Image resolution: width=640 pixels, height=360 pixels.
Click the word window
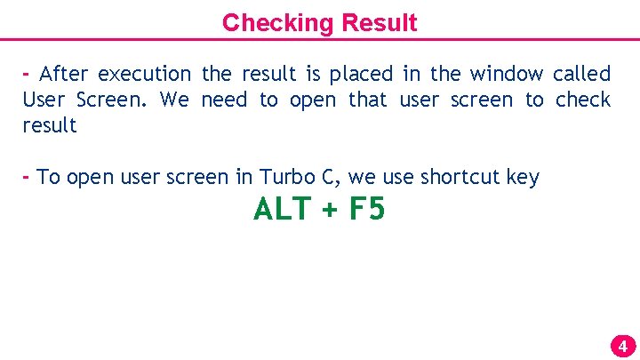[506, 74]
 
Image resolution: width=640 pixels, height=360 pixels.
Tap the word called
[581, 74]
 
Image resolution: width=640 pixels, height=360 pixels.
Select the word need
[224, 100]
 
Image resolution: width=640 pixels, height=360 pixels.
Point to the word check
[583, 100]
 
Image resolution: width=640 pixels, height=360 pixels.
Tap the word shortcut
[460, 178]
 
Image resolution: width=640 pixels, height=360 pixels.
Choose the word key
[523, 178]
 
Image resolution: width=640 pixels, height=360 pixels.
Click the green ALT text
[280, 210]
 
